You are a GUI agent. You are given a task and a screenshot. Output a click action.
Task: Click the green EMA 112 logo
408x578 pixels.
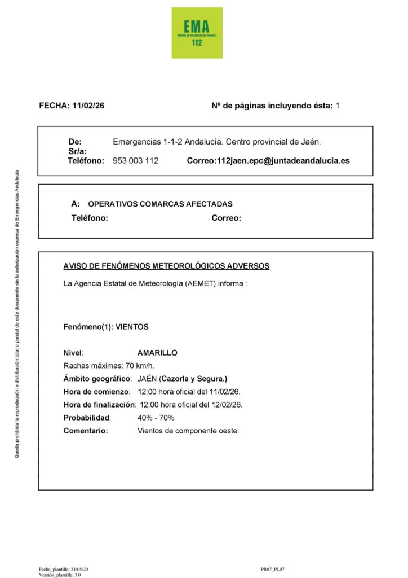197,33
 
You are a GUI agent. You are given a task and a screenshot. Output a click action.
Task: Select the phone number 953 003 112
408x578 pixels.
136,161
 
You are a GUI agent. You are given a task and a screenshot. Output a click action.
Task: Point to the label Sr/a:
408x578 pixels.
77,151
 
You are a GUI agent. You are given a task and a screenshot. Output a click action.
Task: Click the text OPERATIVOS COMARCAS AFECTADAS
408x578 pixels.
160,204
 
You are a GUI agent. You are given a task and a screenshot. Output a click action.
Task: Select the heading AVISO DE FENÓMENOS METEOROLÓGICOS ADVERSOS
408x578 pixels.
166,266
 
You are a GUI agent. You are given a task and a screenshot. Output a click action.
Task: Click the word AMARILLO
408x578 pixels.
157,353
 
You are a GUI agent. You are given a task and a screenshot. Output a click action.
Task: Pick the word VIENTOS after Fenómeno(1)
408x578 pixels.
132,327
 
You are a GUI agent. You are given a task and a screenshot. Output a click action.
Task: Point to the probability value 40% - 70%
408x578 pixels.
156,418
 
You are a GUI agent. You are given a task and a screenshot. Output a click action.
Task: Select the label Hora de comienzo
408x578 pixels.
96,392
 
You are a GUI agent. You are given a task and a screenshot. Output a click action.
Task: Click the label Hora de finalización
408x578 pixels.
99,405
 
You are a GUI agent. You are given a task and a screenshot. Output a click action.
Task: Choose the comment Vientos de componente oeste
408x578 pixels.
188,431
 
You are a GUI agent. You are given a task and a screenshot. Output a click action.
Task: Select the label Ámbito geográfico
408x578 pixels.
97,379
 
